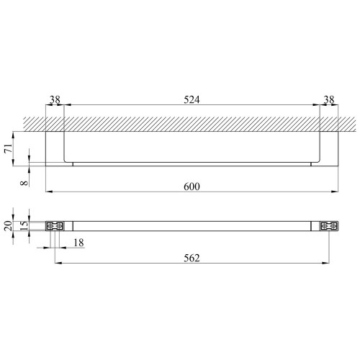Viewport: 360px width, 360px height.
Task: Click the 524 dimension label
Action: click(192, 99)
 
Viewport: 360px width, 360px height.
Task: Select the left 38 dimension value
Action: click(55, 99)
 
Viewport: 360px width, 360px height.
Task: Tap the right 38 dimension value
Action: click(329, 99)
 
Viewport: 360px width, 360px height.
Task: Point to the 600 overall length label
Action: click(192, 186)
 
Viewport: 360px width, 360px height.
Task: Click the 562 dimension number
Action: click(192, 258)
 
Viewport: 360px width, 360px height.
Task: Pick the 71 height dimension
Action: click(9, 148)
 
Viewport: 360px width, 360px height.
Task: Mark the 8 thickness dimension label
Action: click(24, 183)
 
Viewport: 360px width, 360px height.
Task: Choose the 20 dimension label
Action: click(9, 226)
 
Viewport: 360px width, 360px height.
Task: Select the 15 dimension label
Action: click(24, 226)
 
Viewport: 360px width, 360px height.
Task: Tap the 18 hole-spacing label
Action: click(78, 243)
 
